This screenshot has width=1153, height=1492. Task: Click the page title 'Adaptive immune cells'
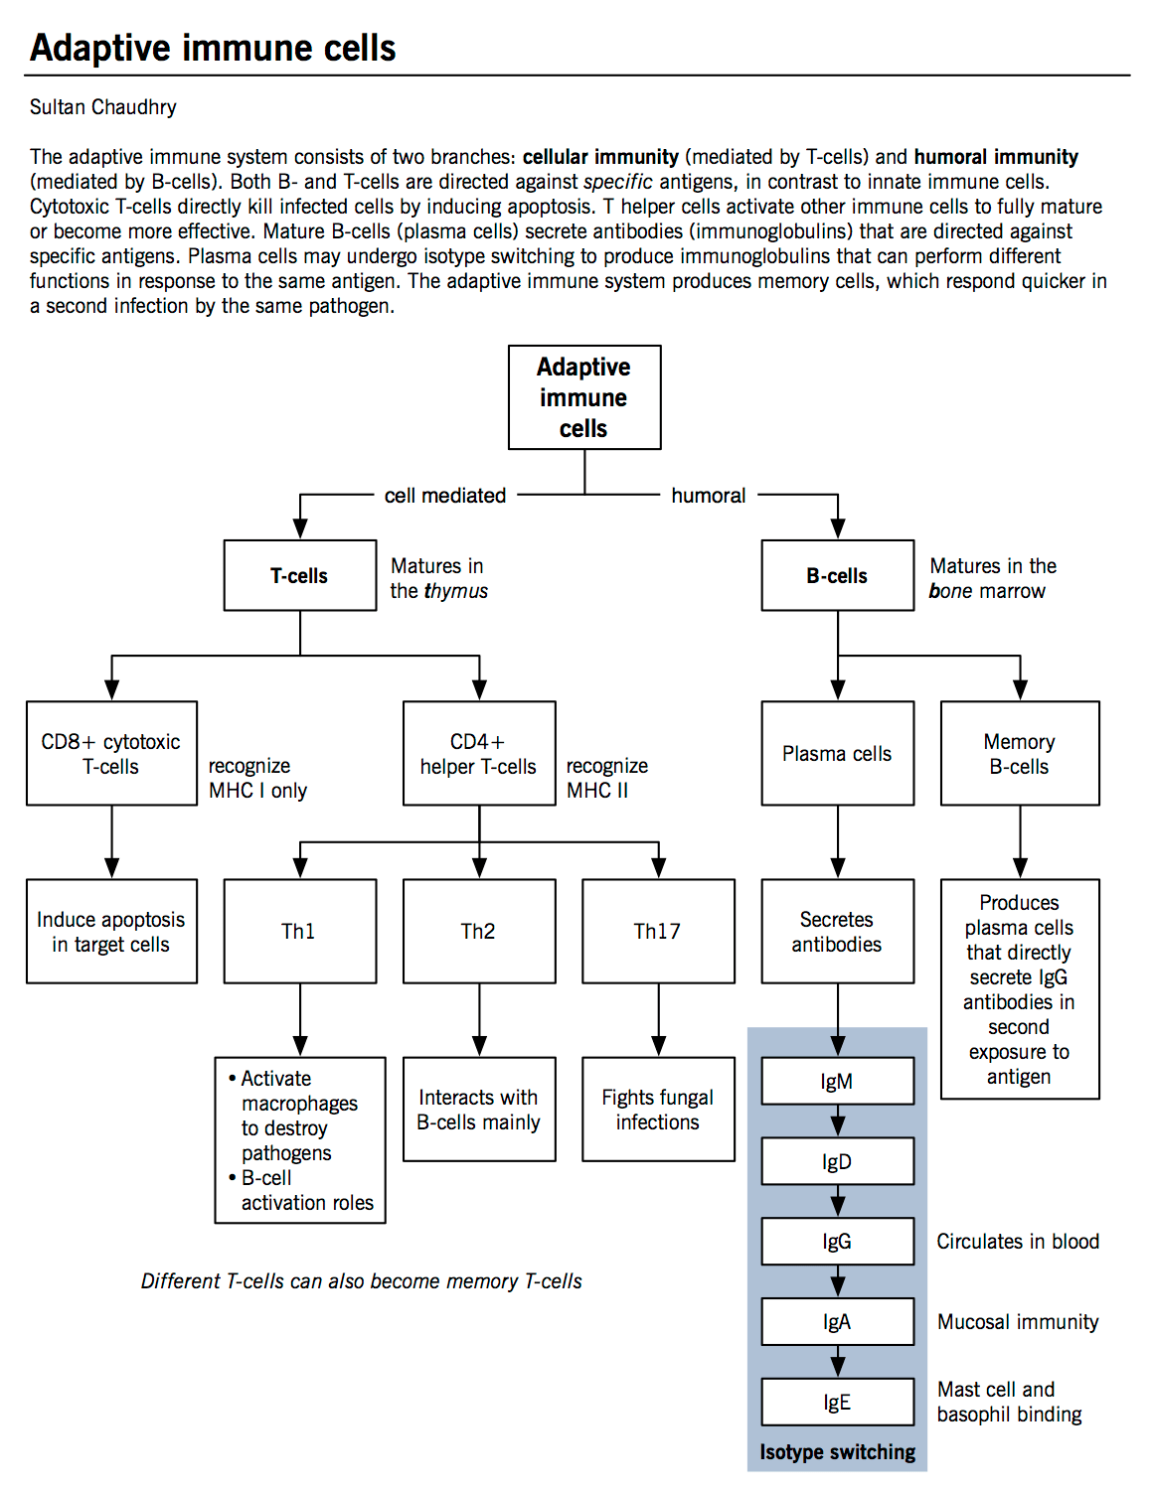(213, 48)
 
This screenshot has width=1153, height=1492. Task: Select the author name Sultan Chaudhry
(102, 107)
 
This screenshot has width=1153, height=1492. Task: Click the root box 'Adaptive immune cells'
(583, 397)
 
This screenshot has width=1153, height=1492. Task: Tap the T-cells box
(299, 575)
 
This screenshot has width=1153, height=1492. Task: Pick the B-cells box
(837, 575)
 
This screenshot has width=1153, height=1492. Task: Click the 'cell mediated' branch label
(444, 495)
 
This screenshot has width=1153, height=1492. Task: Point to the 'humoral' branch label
(708, 495)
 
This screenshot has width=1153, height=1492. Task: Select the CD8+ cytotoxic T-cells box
(111, 753)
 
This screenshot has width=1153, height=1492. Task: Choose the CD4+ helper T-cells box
(478, 753)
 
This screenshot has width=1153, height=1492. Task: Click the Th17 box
(657, 931)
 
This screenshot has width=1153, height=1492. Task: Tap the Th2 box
(478, 931)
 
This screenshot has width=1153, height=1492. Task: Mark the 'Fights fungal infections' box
(657, 1109)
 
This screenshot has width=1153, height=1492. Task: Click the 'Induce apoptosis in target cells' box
(111, 931)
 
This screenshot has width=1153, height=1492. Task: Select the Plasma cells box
(837, 753)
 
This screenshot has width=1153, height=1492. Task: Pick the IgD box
(837, 1161)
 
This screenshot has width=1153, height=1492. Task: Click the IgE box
(837, 1402)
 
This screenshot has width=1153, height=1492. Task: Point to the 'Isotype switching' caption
(837, 1452)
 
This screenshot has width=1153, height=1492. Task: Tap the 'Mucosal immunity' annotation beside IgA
(1018, 1322)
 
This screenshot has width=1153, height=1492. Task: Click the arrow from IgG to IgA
(838, 1281)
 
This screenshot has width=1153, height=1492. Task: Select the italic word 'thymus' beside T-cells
(456, 591)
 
